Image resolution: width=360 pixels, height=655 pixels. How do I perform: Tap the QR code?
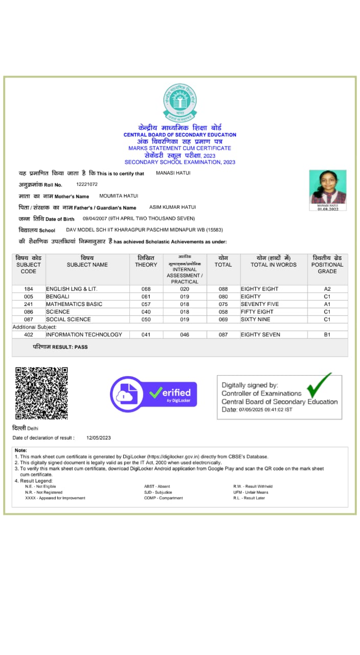pyautogui.click(x=41, y=392)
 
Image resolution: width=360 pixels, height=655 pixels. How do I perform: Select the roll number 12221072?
pyautogui.click(x=87, y=184)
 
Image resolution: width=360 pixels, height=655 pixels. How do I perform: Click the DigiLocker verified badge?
pyautogui.click(x=153, y=394)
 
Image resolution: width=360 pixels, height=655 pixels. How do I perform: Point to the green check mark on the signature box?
pyautogui.click(x=319, y=385)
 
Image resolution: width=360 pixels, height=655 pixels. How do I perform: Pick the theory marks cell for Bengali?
pyautogui.click(x=146, y=296)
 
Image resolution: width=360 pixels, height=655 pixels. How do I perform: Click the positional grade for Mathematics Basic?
pyautogui.click(x=327, y=304)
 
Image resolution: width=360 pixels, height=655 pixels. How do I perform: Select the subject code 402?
pyautogui.click(x=29, y=335)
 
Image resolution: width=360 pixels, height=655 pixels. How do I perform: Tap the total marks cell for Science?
pyautogui.click(x=223, y=312)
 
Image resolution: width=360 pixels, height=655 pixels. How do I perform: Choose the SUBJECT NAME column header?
pyautogui.click(x=87, y=265)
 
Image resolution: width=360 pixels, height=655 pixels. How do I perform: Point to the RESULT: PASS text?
pyautogui.click(x=60, y=347)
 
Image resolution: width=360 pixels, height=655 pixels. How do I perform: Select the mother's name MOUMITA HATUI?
pyautogui.click(x=119, y=196)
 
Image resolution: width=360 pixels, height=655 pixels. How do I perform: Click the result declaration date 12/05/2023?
pyautogui.click(x=99, y=438)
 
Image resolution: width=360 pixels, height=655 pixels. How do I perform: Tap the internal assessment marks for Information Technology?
pyautogui.click(x=185, y=335)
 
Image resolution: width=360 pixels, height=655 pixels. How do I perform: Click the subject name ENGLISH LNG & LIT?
pyautogui.click(x=72, y=289)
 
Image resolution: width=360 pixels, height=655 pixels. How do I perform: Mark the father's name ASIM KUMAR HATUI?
pyautogui.click(x=172, y=207)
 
